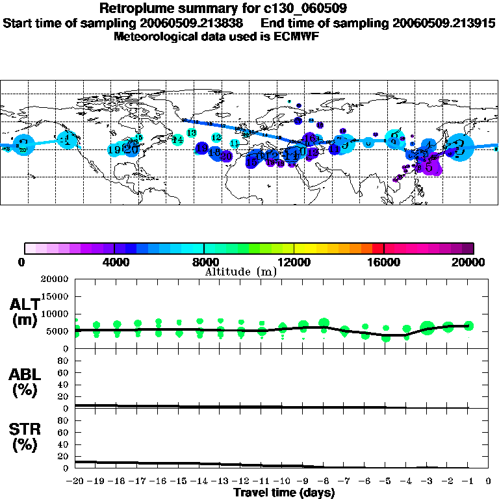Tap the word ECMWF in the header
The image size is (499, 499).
296,36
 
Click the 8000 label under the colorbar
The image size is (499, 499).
204,262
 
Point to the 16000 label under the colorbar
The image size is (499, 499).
384,262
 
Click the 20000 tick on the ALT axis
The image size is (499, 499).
56,279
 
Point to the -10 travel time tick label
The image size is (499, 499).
282,481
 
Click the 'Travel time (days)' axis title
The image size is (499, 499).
284,493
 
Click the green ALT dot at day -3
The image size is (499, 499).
427,328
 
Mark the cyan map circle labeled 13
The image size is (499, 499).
192,133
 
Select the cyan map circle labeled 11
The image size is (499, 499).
235,143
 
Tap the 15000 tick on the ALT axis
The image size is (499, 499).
56,297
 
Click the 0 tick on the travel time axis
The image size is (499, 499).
489,481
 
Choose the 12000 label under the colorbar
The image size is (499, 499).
294,262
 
